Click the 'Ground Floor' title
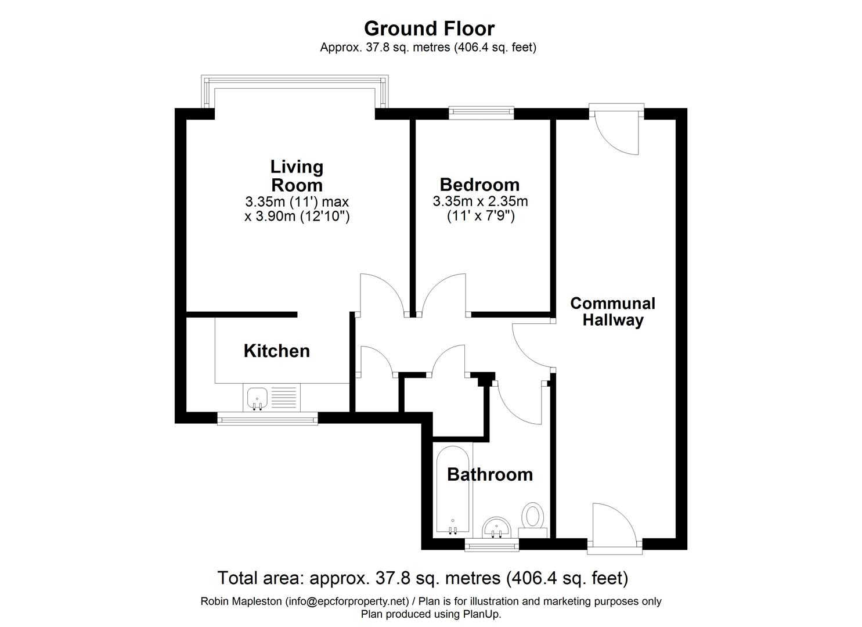point(429,29)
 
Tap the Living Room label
point(297,176)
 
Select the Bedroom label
point(479,185)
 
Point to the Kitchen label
point(277,351)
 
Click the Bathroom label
point(490,474)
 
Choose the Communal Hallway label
point(612,312)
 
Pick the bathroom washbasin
point(496,527)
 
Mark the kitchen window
point(268,418)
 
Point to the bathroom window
point(492,544)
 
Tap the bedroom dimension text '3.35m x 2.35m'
point(480,201)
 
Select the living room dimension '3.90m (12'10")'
point(302,217)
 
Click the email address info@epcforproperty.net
point(347,601)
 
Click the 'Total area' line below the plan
point(423,578)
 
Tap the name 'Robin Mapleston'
point(241,601)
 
